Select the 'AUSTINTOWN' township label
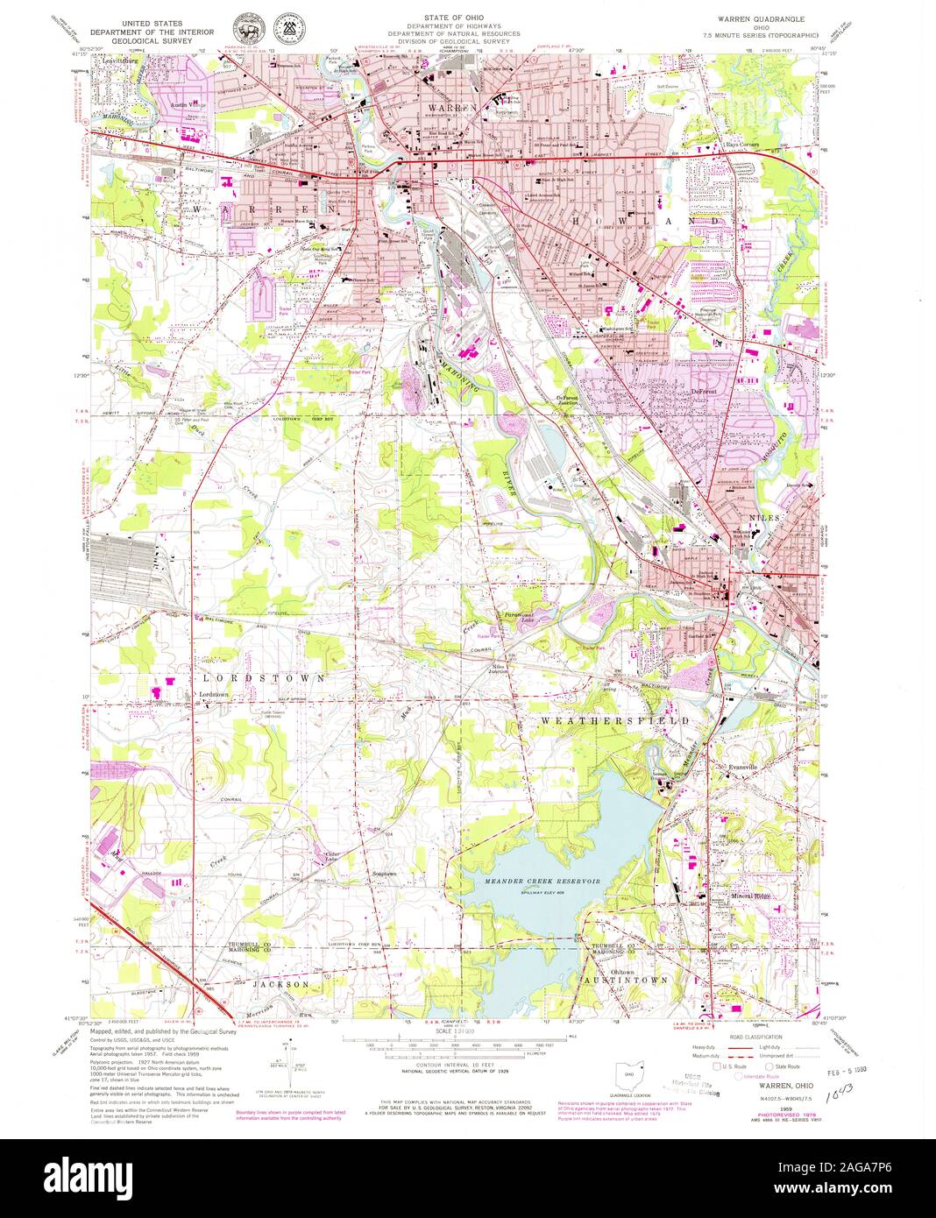point(633,980)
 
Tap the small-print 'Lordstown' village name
point(213,695)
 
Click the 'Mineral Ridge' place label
point(753,896)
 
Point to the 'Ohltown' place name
point(610,971)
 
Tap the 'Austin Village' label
point(186,103)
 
